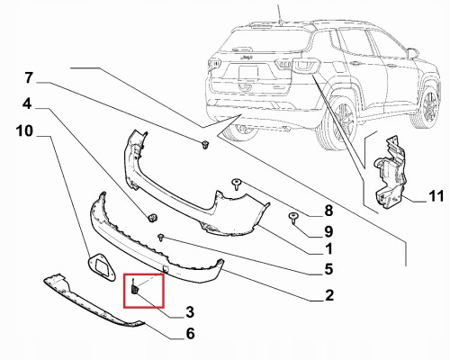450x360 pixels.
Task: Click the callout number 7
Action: (x=29, y=78)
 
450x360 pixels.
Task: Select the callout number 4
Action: (x=27, y=104)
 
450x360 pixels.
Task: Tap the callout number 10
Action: (x=24, y=131)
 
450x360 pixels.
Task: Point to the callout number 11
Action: (x=436, y=196)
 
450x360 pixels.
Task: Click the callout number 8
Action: (x=328, y=211)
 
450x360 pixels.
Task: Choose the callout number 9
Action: (x=328, y=231)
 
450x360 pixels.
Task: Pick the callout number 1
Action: (x=329, y=249)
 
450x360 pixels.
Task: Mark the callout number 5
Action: (x=328, y=269)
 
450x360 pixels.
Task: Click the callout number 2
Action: (x=329, y=295)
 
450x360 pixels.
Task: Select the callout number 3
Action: (x=190, y=312)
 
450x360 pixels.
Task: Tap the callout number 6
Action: (x=190, y=333)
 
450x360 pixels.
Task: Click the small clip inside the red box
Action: (x=135, y=288)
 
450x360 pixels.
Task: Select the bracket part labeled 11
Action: (x=390, y=173)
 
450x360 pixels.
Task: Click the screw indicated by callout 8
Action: (x=237, y=184)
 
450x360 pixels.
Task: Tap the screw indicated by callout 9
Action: (x=293, y=218)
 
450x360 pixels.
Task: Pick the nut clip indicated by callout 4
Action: (x=153, y=218)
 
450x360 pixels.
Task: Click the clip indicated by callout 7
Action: (x=205, y=145)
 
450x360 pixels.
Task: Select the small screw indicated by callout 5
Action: (x=161, y=238)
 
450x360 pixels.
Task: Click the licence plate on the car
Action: (x=248, y=73)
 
